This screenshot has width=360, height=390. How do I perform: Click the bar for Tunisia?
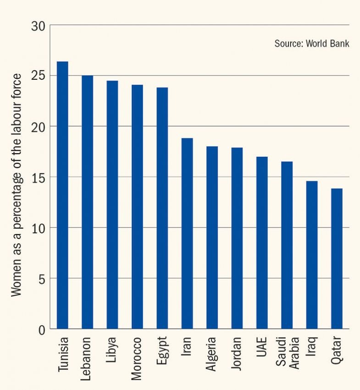tap(62, 195)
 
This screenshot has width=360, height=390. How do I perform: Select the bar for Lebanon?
tap(87, 202)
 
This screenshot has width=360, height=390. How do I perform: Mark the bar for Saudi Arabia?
tap(287, 245)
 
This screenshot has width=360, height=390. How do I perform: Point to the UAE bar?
tap(262, 243)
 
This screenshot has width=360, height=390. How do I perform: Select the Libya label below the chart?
tap(112, 351)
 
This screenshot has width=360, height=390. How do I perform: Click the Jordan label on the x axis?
tap(237, 353)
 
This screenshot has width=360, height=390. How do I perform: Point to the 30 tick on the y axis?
tap(38, 26)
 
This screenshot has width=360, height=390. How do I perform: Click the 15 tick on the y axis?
tap(38, 177)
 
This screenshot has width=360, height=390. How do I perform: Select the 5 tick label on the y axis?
tap(41, 279)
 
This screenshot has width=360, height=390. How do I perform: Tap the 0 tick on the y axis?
tap(41, 329)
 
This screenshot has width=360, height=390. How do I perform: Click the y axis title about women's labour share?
tap(17, 184)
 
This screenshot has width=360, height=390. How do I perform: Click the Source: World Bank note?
tap(312, 44)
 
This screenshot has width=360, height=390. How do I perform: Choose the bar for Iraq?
tap(312, 255)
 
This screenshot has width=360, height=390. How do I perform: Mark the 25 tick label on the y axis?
tap(38, 76)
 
